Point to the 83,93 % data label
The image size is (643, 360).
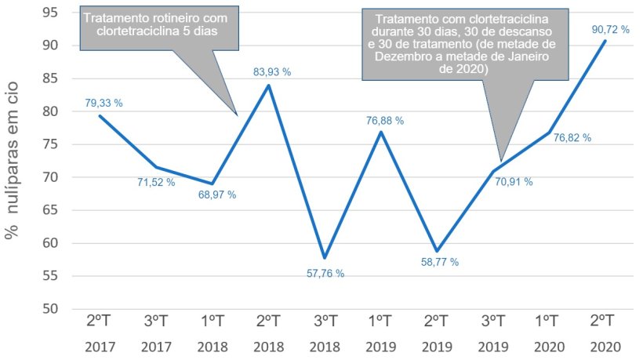point(271,72)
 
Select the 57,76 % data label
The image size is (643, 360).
point(325,274)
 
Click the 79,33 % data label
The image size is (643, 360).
point(104,103)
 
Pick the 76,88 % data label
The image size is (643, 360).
point(384,121)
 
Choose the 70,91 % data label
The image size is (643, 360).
point(513,182)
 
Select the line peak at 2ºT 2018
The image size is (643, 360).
point(268,85)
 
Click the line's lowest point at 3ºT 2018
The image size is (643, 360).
point(325,257)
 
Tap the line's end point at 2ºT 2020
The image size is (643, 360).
point(605,40)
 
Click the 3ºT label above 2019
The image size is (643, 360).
point(492,322)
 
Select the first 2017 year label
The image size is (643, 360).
point(100,346)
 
